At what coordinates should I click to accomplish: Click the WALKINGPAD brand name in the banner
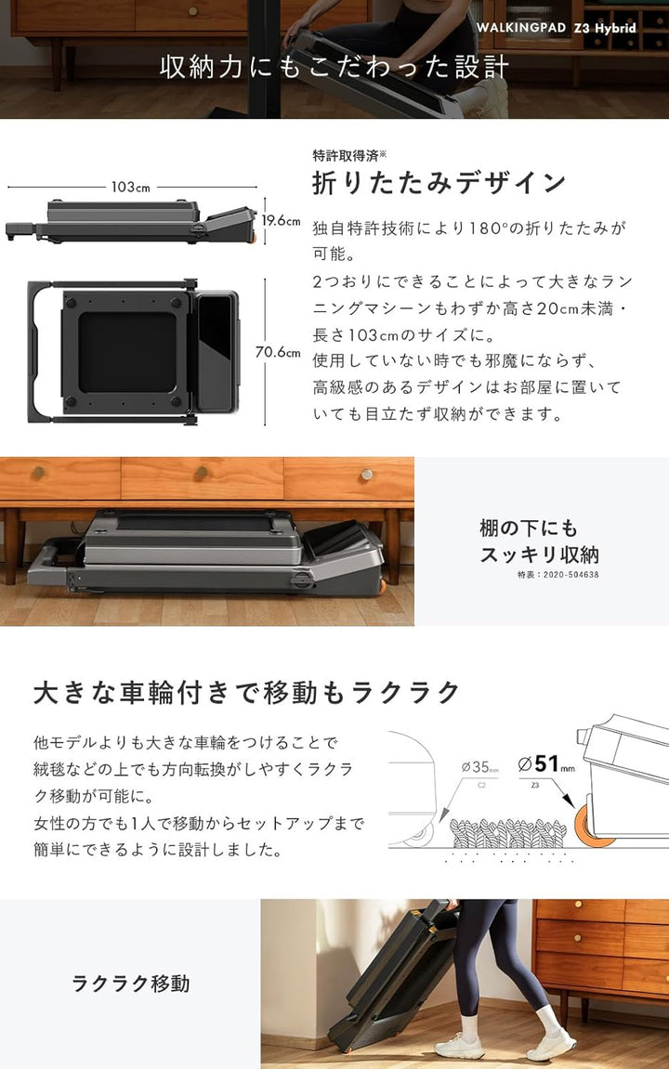click(521, 28)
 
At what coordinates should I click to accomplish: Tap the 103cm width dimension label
click(130, 187)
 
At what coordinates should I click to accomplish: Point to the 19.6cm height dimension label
click(281, 220)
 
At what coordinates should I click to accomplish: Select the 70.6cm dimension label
click(278, 352)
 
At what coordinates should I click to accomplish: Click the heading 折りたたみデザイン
click(439, 182)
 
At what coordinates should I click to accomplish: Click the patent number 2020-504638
click(571, 575)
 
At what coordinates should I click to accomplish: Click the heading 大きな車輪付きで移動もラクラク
click(247, 693)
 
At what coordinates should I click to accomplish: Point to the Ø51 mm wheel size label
click(545, 764)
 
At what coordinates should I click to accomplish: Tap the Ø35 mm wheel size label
click(479, 767)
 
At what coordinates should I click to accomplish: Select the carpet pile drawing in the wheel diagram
click(508, 832)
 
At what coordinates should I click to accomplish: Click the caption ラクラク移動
click(130, 984)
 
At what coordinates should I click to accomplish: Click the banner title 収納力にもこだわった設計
click(334, 67)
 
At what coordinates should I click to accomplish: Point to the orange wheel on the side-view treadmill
click(253, 237)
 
